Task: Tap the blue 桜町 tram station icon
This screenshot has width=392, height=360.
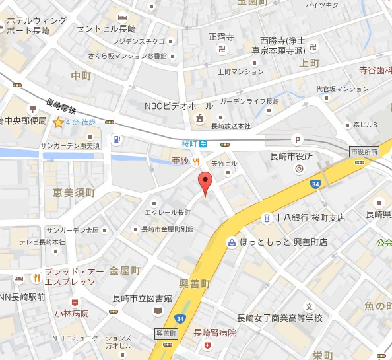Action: (205, 143)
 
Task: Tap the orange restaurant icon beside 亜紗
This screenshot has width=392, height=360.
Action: (196, 162)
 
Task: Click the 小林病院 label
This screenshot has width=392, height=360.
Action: (72, 314)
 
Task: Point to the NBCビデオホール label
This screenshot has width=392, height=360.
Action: (179, 106)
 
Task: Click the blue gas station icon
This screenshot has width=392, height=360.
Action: (117, 139)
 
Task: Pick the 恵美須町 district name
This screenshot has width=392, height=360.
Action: (74, 193)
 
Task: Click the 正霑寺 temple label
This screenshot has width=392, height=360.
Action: (221, 36)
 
